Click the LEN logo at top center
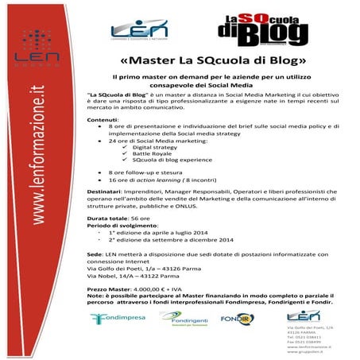139,30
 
